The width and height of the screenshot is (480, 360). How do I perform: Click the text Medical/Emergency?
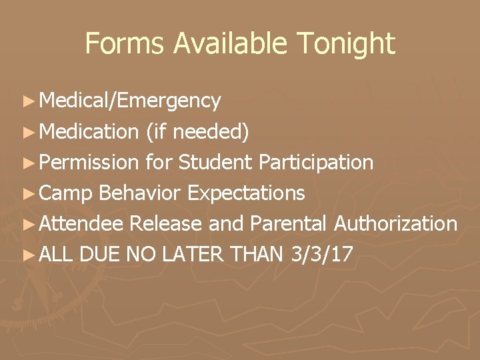point(130,101)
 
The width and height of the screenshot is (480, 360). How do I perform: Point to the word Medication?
point(89,131)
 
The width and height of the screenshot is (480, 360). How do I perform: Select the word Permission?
point(90,162)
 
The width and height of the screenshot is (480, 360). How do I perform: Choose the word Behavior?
point(140,193)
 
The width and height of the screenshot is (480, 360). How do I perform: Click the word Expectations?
point(247,193)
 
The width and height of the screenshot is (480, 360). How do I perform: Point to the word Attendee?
point(81,224)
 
